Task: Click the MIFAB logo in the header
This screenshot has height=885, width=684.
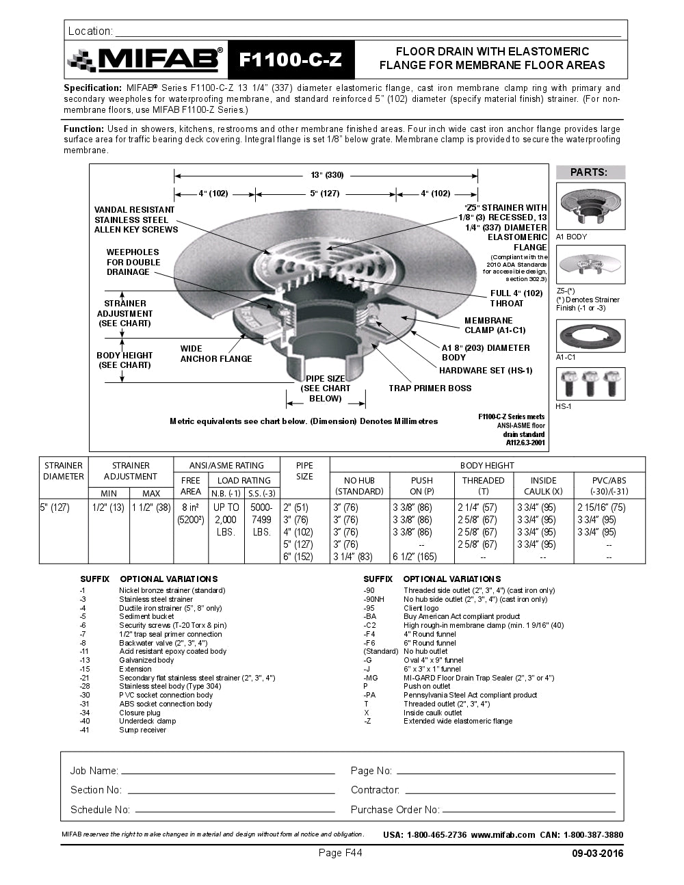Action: click(146, 60)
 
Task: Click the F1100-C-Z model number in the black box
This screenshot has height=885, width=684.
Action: click(291, 60)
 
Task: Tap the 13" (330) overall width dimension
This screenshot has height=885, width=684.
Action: click(326, 174)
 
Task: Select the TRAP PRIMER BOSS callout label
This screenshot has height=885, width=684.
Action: click(430, 388)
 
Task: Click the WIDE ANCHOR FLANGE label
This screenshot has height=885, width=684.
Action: click(216, 354)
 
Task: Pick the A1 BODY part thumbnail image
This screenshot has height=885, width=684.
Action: click(590, 206)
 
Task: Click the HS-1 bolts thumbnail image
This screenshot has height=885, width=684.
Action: click(590, 384)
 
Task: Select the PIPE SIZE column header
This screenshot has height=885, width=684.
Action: click(304, 471)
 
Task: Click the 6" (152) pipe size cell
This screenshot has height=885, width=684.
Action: click(298, 557)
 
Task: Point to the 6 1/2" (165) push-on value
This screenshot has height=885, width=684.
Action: click(415, 557)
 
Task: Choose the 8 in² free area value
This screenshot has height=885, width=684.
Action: click(190, 507)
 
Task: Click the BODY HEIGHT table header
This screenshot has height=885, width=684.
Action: click(487, 466)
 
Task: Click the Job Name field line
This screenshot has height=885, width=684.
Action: click(227, 771)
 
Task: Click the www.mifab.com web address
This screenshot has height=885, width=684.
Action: click(503, 834)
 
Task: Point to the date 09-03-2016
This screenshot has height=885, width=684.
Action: click(597, 854)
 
